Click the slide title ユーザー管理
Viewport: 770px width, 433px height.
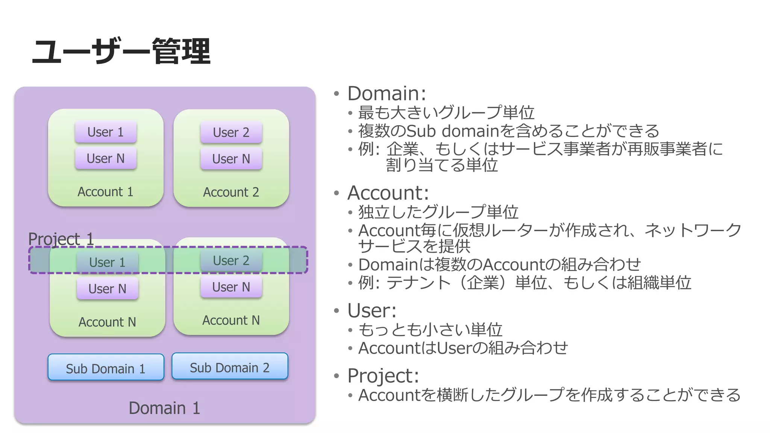[121, 51]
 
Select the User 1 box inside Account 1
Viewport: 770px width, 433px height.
[105, 132]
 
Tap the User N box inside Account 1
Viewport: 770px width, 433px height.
[105, 158]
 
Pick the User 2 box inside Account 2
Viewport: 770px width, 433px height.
[231, 132]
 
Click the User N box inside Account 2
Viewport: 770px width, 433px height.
[231, 159]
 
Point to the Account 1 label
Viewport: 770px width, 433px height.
[105, 192]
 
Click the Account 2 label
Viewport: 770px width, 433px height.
[231, 192]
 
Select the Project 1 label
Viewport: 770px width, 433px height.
[61, 239]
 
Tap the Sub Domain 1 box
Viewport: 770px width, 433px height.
[106, 368]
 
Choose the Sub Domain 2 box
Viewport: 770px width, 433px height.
[230, 367]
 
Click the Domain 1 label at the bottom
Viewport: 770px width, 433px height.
[164, 408]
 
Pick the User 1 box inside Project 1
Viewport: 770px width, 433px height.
[107, 262]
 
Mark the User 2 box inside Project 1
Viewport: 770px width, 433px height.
[231, 260]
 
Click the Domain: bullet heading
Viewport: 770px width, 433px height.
[387, 93]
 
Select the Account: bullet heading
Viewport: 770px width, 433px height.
[388, 193]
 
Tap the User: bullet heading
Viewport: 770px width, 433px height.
[372, 310]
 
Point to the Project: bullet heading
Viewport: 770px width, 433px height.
[383, 375]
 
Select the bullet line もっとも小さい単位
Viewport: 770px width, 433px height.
[430, 330]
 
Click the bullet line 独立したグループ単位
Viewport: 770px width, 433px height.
[438, 212]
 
